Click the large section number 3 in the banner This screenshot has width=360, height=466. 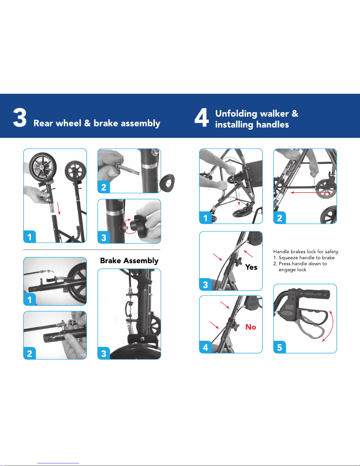point(20,117)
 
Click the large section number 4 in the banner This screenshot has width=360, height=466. point(201,117)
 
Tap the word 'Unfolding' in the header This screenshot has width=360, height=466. point(236,114)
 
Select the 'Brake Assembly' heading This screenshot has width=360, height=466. point(129,261)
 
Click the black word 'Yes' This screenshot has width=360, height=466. point(251,267)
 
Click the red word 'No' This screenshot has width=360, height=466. point(251,327)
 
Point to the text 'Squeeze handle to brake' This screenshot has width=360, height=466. point(307,258)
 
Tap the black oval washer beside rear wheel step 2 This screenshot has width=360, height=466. point(167,183)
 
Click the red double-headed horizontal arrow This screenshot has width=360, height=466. point(311,193)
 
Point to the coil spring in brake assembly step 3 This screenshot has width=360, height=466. point(131,327)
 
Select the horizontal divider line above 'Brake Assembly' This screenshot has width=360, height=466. point(92,250)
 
